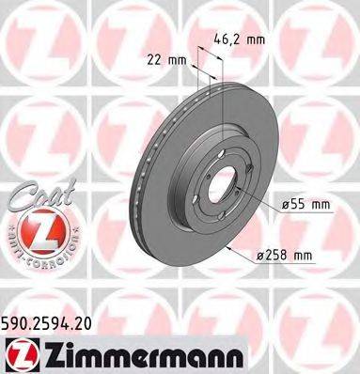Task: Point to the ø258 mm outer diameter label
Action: click(x=287, y=255)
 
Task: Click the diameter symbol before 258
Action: click(x=264, y=255)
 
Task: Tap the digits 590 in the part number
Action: click(x=16, y=320)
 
